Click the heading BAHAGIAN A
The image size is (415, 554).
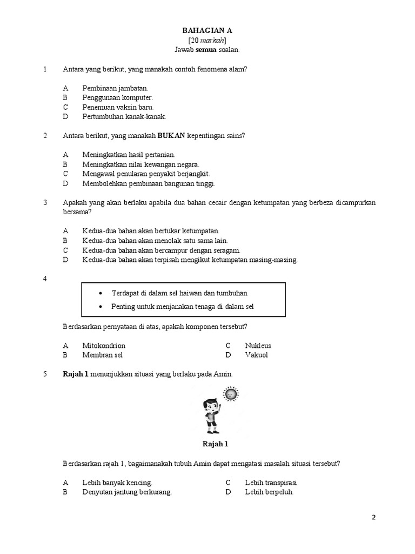(x=207, y=31)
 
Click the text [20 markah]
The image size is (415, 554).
(x=207, y=40)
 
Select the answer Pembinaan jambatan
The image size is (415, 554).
(x=115, y=88)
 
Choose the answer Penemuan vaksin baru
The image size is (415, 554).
(x=114, y=107)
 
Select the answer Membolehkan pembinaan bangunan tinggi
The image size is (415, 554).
(x=149, y=183)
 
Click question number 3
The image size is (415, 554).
(x=45, y=202)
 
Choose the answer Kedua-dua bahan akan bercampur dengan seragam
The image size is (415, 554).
(x=161, y=250)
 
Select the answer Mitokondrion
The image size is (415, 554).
(x=104, y=345)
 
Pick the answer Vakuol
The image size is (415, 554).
(x=256, y=355)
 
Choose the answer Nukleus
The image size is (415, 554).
(x=258, y=345)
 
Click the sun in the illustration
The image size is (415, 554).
(x=231, y=394)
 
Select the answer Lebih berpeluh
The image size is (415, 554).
(x=269, y=492)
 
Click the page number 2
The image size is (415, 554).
(x=373, y=517)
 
